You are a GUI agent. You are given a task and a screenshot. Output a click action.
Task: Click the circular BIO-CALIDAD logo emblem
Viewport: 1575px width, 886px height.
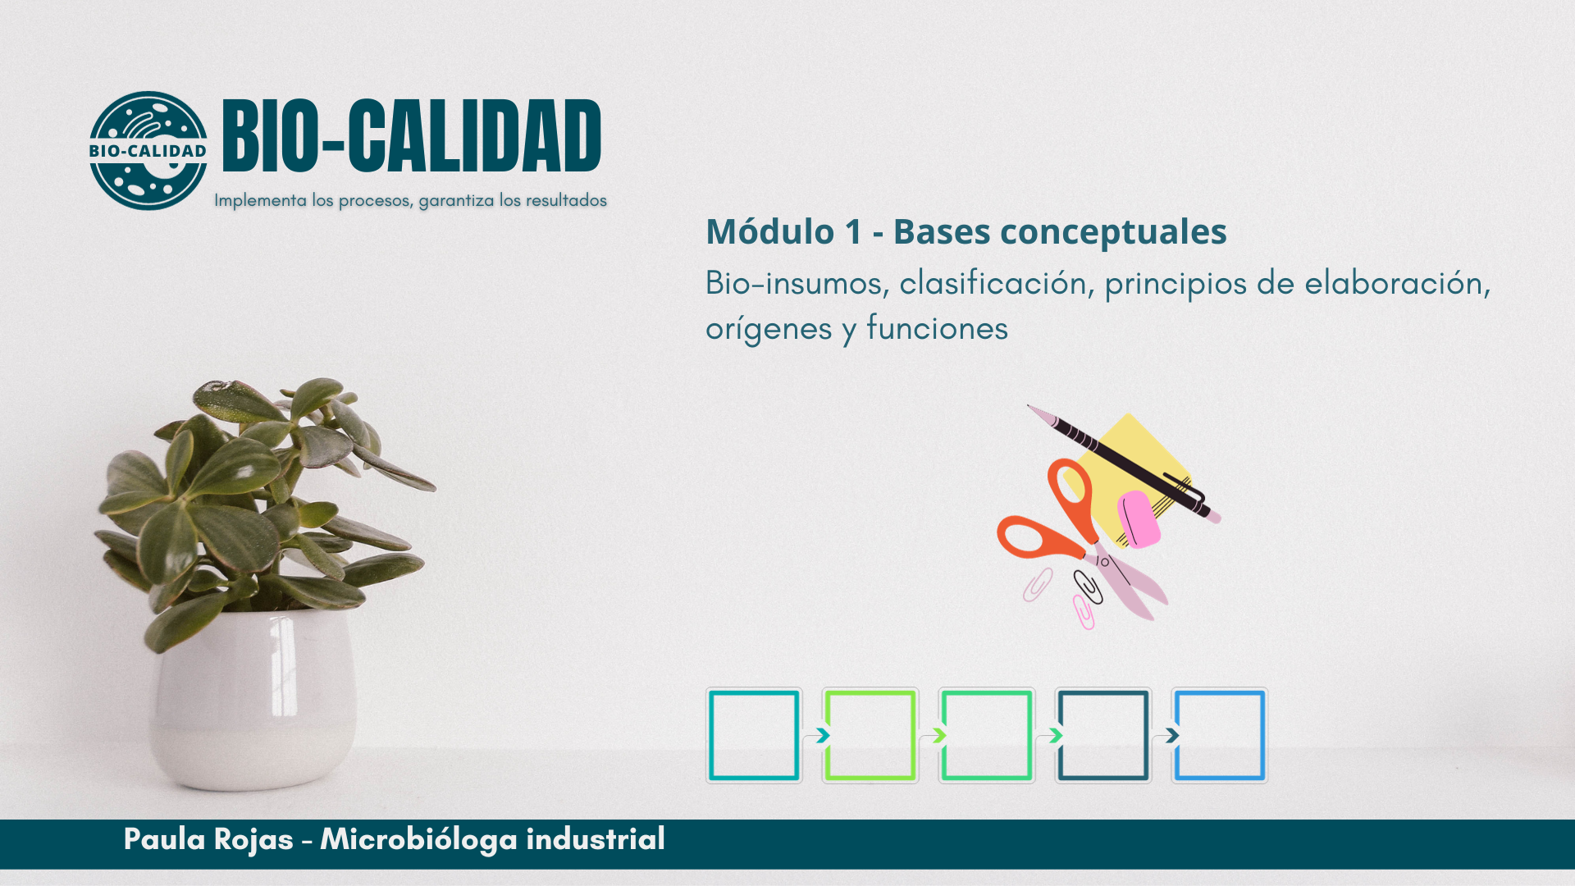click(x=148, y=150)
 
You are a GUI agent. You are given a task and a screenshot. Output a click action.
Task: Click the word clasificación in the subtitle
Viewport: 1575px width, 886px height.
click(x=993, y=283)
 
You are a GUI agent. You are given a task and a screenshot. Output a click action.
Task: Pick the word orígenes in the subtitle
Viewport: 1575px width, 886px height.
click(x=769, y=330)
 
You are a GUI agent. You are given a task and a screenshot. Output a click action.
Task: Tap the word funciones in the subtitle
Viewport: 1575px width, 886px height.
click(x=937, y=328)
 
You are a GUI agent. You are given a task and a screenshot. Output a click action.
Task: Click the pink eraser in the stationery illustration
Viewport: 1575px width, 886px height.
click(x=1139, y=518)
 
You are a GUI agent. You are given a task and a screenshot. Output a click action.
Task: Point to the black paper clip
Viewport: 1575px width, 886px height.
click(x=1088, y=587)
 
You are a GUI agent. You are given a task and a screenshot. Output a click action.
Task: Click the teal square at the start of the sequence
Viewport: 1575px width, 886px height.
click(x=754, y=735)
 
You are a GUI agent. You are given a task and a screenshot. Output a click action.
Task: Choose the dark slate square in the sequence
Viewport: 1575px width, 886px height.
click(x=1103, y=735)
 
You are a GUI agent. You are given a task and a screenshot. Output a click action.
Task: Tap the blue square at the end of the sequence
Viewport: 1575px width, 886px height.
click(x=1220, y=735)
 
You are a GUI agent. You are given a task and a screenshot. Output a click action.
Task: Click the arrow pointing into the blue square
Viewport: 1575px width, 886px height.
click(x=1169, y=736)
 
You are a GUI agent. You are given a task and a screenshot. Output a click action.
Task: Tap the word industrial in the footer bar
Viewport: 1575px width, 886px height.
click(x=596, y=839)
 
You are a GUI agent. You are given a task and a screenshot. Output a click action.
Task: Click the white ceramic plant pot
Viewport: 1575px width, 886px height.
click(x=253, y=697)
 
